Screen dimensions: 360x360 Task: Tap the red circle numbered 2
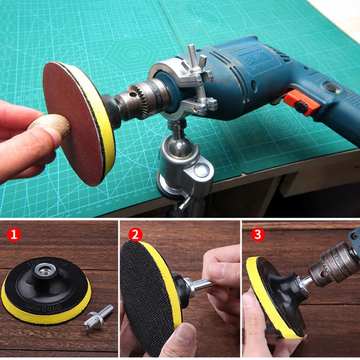(x=135, y=234)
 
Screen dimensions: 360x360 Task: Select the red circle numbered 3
(x=258, y=234)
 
